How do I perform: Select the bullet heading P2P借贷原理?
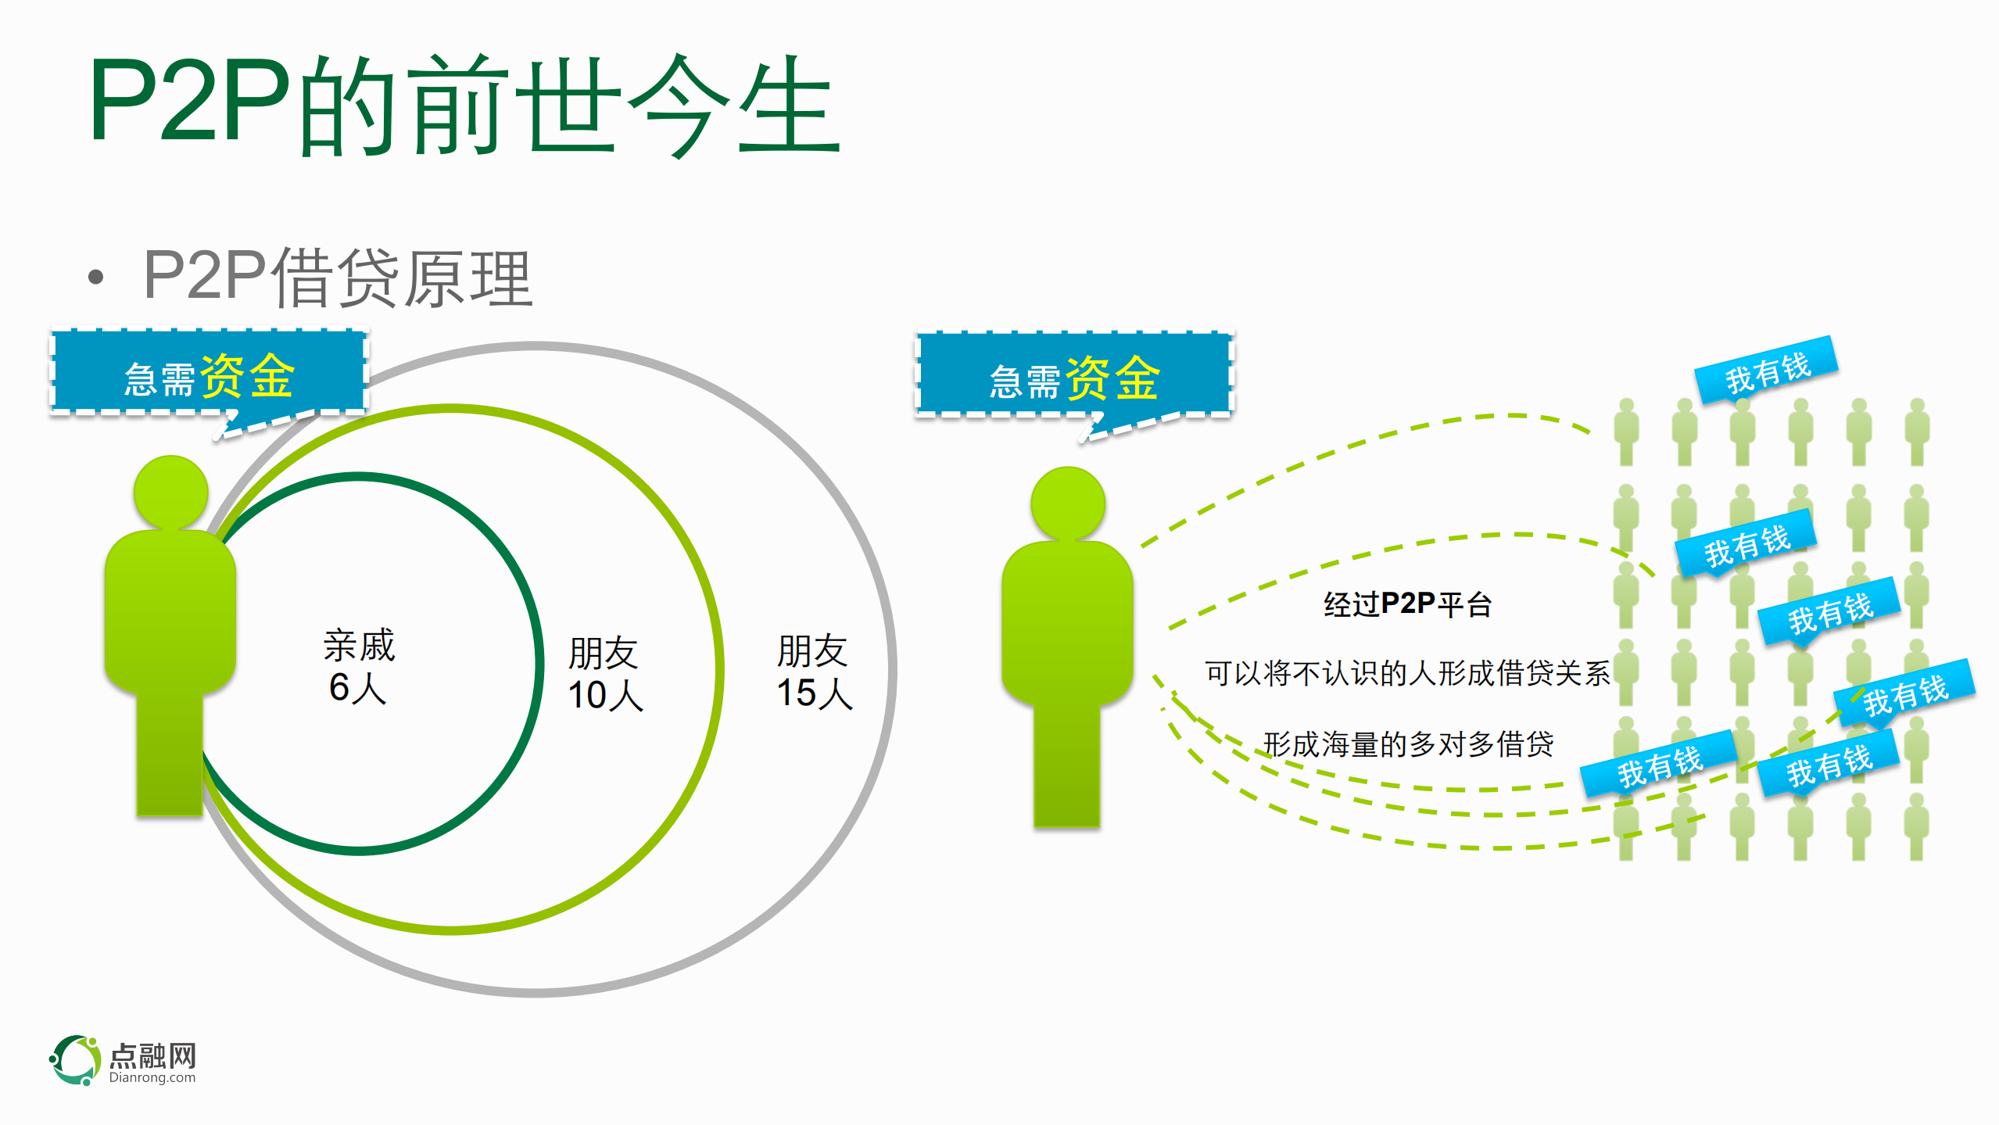tap(338, 277)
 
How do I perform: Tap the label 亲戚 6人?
tap(359, 666)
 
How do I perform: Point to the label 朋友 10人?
tap(604, 673)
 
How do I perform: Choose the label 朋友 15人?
tap(814, 672)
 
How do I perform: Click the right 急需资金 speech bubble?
tap(1074, 374)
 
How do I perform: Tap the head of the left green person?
tap(170, 493)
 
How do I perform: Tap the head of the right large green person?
tap(1068, 503)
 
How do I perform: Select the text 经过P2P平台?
tap(1407, 604)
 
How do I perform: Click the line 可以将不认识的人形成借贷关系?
tap(1407, 673)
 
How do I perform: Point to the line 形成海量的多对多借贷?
tap(1408, 743)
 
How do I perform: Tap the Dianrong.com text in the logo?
tap(152, 1078)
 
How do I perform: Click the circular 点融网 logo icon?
tap(76, 1059)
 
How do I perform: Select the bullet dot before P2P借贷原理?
tap(96, 277)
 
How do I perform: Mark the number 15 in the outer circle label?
tap(796, 693)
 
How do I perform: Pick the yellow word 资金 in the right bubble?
tap(1113, 378)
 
